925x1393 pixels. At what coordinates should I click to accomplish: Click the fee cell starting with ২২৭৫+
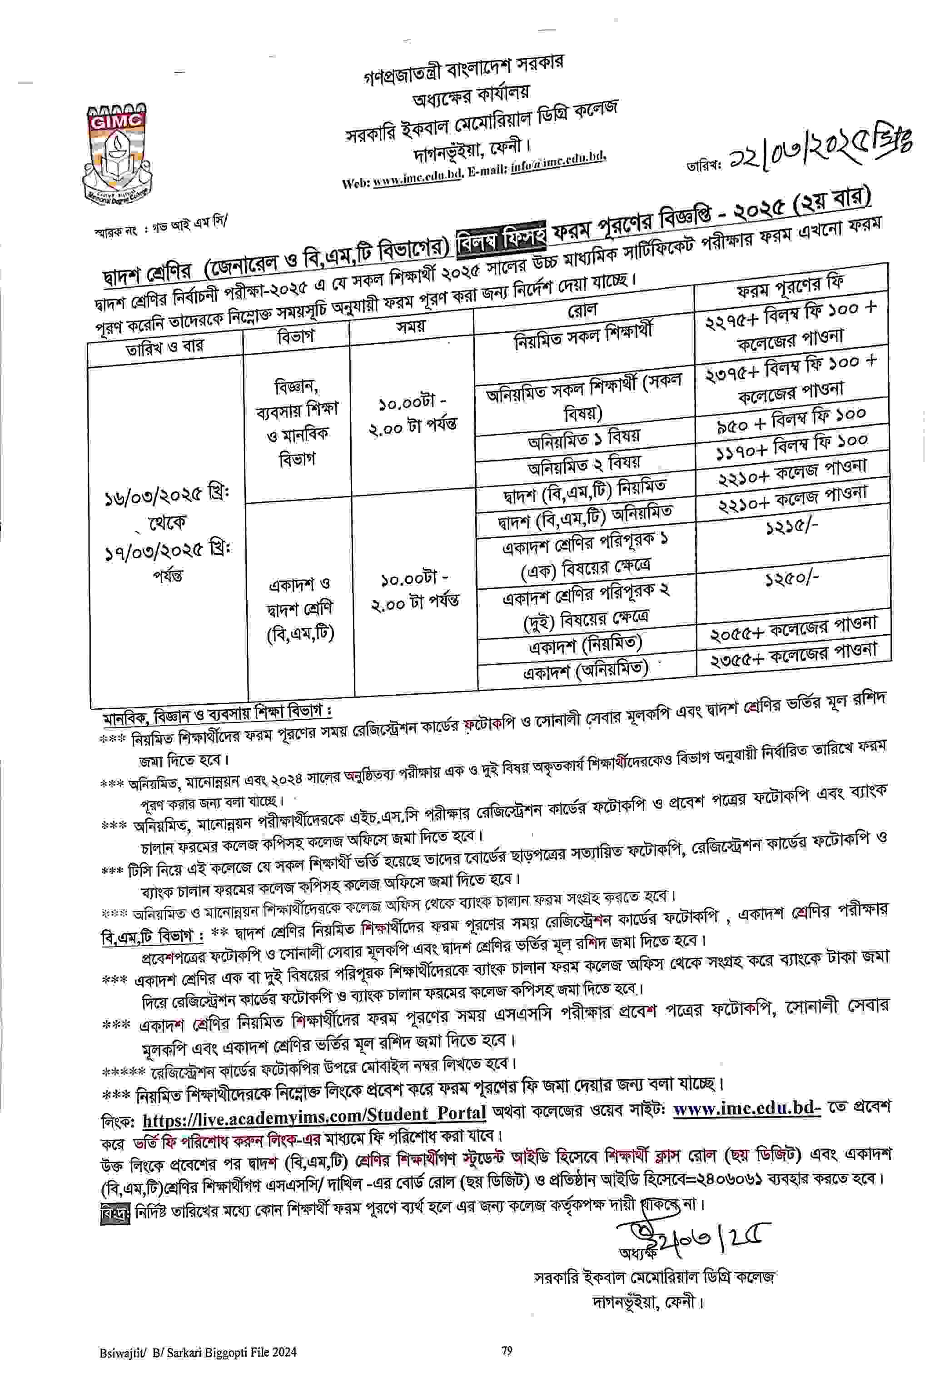791,328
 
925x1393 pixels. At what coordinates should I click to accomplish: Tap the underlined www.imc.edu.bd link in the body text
747,1108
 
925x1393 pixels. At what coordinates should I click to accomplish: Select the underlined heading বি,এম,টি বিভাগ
152,936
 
